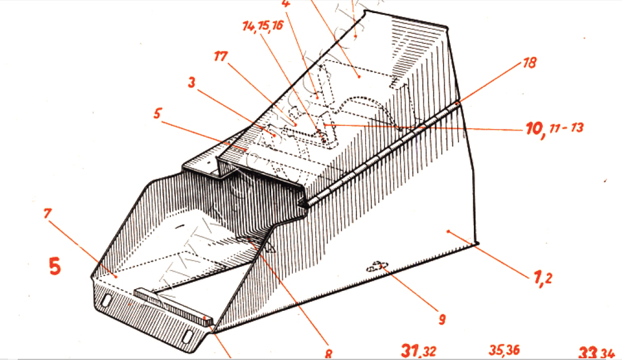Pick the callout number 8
coord(328,354)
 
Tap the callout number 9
coord(441,320)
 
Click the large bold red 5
coord(55,267)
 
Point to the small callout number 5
coord(158,114)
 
